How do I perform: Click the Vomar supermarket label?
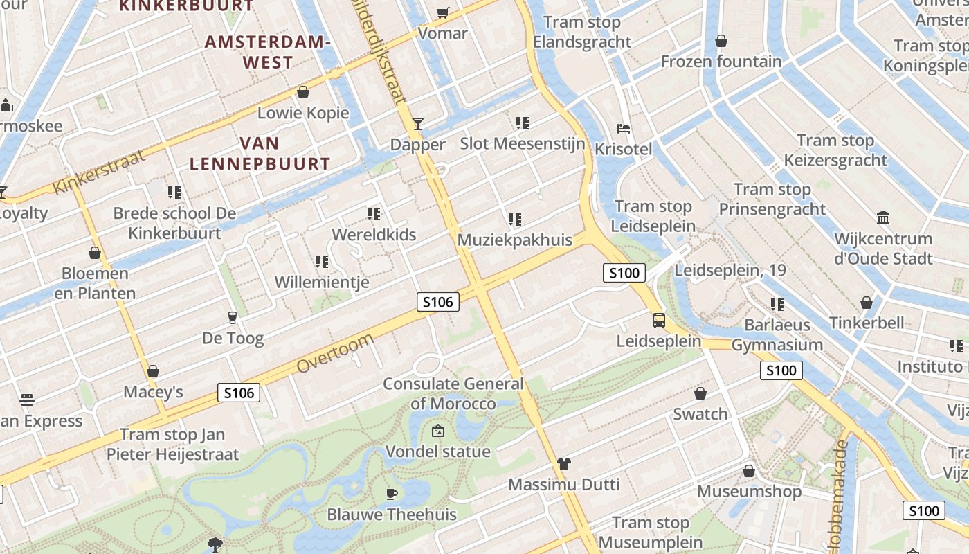click(443, 33)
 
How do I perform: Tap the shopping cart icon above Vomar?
click(442, 12)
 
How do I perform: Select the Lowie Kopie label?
click(303, 112)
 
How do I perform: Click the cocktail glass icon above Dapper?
click(418, 124)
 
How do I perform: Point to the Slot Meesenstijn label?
click(523, 144)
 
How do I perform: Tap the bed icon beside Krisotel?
click(624, 129)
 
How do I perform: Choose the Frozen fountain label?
click(721, 62)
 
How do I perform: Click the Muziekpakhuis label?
click(515, 240)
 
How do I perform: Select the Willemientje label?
click(322, 282)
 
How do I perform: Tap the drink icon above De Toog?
click(233, 318)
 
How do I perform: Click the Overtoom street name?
click(336, 353)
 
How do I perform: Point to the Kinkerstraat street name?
click(100, 172)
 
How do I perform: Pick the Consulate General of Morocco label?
click(453, 393)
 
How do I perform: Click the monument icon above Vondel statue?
click(437, 431)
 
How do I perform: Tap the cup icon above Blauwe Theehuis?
click(392, 494)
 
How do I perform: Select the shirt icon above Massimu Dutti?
click(564, 464)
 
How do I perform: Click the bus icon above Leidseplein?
click(659, 321)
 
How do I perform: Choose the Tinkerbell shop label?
click(867, 323)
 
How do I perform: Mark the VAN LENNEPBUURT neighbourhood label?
click(260, 154)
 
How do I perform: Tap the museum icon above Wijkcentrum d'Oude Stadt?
click(883, 218)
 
